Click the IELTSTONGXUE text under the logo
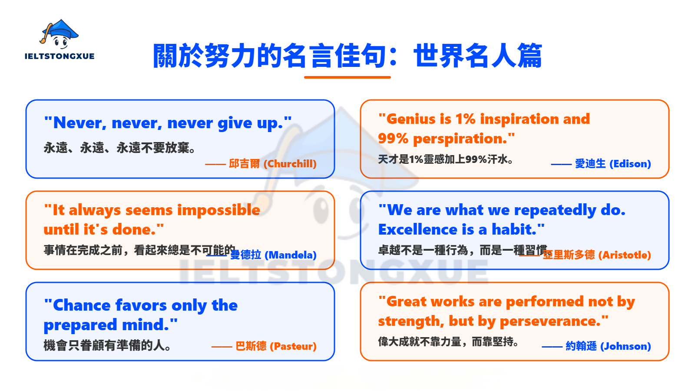pyautogui.click(x=60, y=56)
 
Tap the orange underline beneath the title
pyautogui.click(x=347, y=77)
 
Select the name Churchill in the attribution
pyautogui.click(x=290, y=164)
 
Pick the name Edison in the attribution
pyautogui.click(x=630, y=164)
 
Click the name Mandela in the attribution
pyautogui.click(x=291, y=255)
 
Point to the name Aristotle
pyautogui.click(x=625, y=255)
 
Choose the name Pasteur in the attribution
pyautogui.click(x=293, y=346)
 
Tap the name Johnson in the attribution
pyautogui.click(x=625, y=346)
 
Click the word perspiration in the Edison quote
pyautogui.click(x=460, y=139)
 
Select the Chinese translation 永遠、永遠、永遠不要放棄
pyautogui.click(x=119, y=148)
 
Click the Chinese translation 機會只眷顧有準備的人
pyautogui.click(x=107, y=345)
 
